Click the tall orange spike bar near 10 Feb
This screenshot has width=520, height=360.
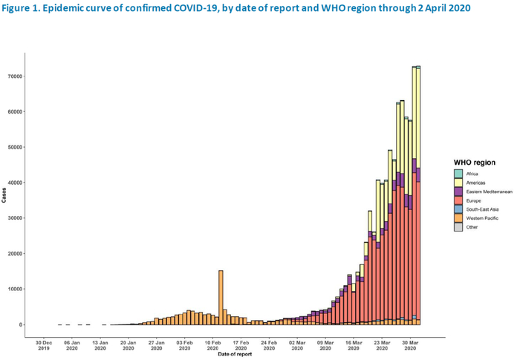221,297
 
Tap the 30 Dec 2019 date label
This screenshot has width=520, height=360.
43,345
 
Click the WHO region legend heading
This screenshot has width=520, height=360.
475,162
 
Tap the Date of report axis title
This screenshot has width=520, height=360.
235,353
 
